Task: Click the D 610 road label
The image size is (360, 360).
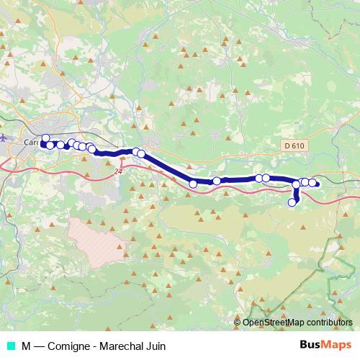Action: tap(292, 145)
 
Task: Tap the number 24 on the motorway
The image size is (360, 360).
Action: tap(118, 171)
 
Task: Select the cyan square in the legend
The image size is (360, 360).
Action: tap(10, 346)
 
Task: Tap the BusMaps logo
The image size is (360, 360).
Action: tap(325, 345)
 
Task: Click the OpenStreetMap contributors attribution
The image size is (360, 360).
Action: tap(297, 323)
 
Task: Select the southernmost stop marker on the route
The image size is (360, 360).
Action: tap(292, 202)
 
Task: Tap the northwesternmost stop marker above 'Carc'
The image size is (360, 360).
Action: tap(45, 138)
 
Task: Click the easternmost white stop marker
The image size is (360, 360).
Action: tap(312, 182)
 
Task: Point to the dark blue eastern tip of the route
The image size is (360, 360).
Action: tap(317, 184)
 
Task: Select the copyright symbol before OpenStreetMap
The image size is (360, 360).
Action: tap(238, 323)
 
